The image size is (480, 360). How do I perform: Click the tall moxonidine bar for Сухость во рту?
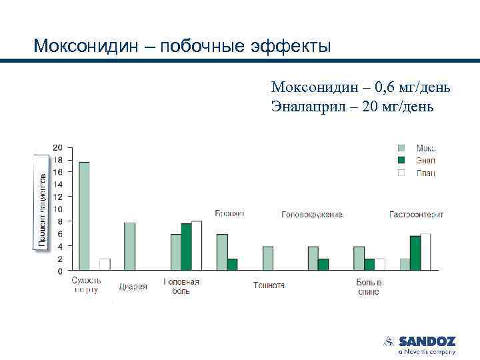click(x=84, y=216)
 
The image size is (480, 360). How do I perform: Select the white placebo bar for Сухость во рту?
click(x=105, y=264)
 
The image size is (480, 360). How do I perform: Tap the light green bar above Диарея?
click(x=129, y=246)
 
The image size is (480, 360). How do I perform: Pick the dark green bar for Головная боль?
click(x=186, y=247)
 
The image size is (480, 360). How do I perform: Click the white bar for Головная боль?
click(x=197, y=245)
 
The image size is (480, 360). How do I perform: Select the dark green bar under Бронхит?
click(x=232, y=264)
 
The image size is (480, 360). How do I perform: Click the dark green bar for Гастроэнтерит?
click(x=415, y=253)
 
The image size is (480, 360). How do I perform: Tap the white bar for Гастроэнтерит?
click(x=425, y=252)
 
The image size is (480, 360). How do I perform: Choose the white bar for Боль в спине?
click(x=379, y=264)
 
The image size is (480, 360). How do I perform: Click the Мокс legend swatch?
click(x=401, y=148)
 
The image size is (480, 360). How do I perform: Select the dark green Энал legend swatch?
click(x=401, y=160)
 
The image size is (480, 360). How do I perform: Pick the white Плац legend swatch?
click(x=401, y=173)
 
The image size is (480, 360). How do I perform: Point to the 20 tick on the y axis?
click(x=58, y=147)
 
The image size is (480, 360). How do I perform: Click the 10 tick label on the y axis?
click(x=58, y=209)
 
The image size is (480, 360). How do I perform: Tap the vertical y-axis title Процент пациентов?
click(x=41, y=203)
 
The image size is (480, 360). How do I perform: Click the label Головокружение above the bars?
click(x=312, y=215)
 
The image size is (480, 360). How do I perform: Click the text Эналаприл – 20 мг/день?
click(x=352, y=106)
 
